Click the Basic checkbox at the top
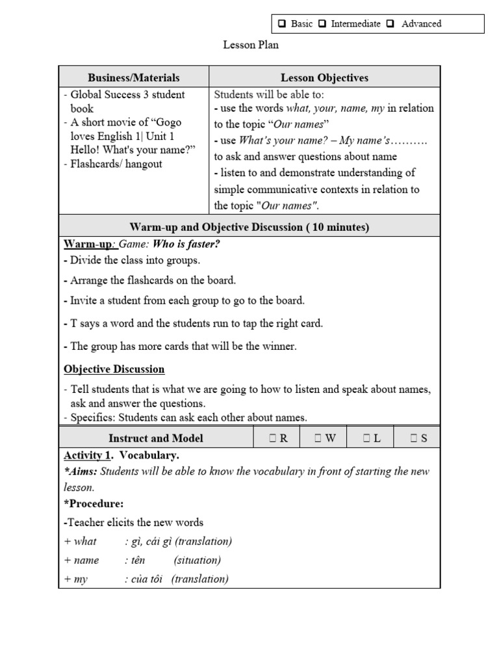[x=283, y=24]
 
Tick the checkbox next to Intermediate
[x=323, y=24]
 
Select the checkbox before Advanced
[x=390, y=24]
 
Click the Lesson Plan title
[x=251, y=45]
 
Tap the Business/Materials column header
[x=134, y=77]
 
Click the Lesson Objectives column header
[x=324, y=77]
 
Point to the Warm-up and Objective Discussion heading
[x=249, y=227]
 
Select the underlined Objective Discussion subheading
[x=114, y=369]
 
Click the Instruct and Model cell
[x=156, y=438]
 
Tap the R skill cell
[x=277, y=438]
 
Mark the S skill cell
[x=418, y=438]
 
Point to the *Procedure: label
[x=93, y=504]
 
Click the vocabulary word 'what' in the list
[x=85, y=541]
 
